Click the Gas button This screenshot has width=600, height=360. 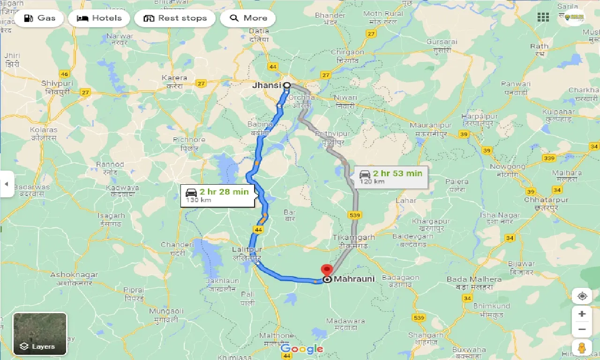[x=39, y=18]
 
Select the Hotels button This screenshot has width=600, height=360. [x=99, y=18]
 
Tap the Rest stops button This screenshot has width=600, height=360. [x=175, y=18]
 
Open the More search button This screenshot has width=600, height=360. [x=248, y=18]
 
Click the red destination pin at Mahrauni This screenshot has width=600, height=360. [x=326, y=271]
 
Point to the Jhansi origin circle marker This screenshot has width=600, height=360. [x=286, y=85]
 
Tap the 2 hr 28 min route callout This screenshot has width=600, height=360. [x=217, y=195]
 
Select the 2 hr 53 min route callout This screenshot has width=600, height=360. [x=390, y=177]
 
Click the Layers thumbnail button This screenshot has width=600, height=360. [x=40, y=334]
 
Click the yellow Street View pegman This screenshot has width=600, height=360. [x=582, y=348]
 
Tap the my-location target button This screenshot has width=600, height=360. [x=582, y=296]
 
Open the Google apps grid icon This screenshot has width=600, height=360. [x=543, y=17]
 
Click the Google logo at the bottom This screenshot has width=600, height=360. [x=302, y=349]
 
